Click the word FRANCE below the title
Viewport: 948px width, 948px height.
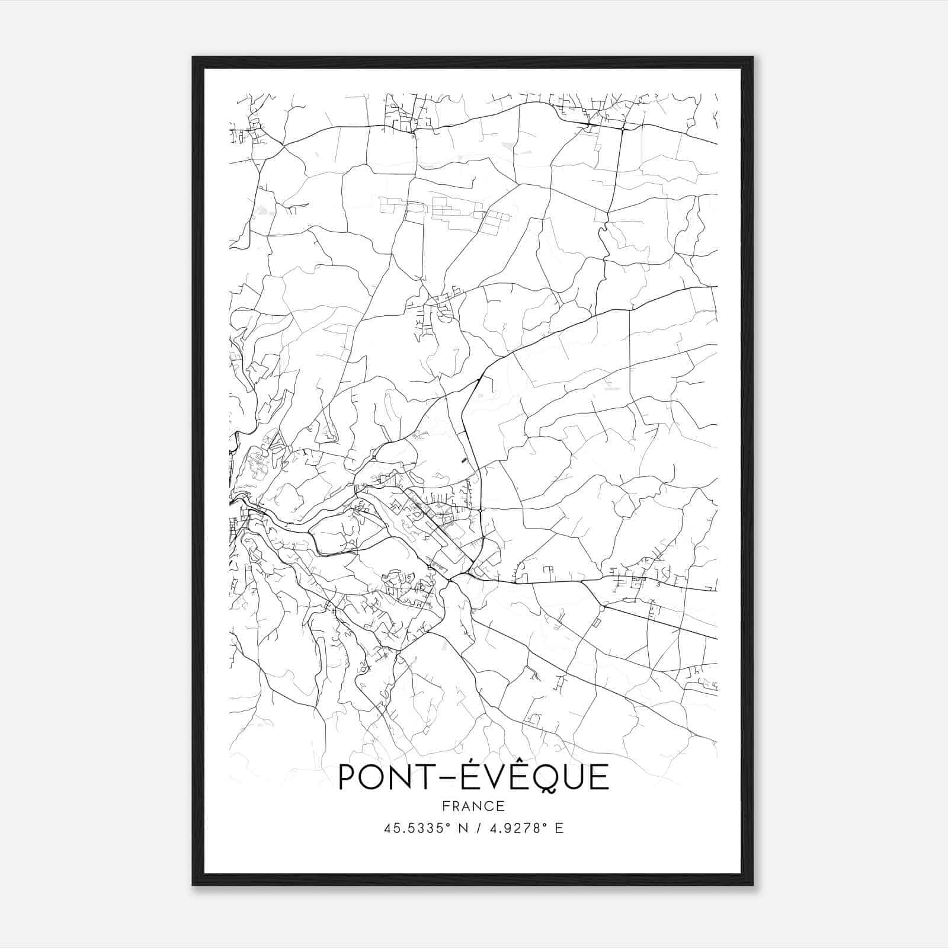[x=473, y=806]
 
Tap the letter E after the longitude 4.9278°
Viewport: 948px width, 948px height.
[x=559, y=828]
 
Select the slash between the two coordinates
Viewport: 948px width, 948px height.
[x=478, y=828]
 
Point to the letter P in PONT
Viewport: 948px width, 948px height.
[x=348, y=778]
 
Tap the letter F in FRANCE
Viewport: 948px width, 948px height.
[x=445, y=806]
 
